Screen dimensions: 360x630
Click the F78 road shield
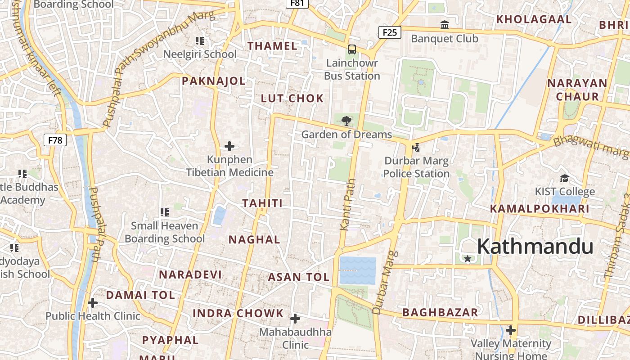[x=55, y=140]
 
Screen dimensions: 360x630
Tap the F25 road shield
[x=390, y=32]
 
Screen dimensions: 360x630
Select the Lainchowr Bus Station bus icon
[x=352, y=49]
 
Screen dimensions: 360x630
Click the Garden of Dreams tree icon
[x=346, y=121]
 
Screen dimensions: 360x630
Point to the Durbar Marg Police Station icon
[x=416, y=147]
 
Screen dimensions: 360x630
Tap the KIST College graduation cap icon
[x=564, y=178]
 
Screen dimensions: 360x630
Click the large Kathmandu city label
[x=535, y=247]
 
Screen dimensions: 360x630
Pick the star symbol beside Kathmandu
[x=468, y=259]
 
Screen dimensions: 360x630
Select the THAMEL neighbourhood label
[x=273, y=46]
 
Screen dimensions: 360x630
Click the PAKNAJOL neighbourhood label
[x=214, y=81]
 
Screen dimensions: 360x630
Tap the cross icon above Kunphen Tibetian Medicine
[x=229, y=146]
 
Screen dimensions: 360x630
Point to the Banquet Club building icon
[x=445, y=25]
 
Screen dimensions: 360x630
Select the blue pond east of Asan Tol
[x=357, y=270]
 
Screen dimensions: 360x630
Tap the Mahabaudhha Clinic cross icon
[x=295, y=319]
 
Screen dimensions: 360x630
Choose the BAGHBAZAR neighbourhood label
[x=440, y=312]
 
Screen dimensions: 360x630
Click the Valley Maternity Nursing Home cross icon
[x=511, y=330]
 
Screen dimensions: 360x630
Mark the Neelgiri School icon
[x=200, y=41]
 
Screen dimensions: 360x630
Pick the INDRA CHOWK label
[x=238, y=313]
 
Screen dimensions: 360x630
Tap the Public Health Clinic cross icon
[x=93, y=302]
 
